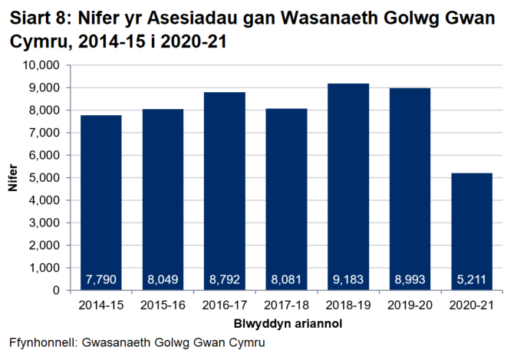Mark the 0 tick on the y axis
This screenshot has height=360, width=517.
point(58,291)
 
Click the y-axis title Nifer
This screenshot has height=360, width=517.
point(13,178)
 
